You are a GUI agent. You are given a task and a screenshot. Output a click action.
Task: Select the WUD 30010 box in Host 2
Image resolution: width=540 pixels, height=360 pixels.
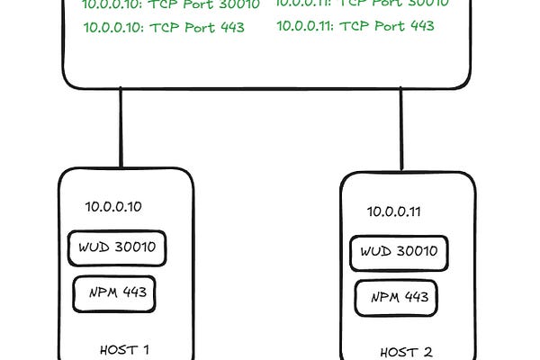[x=399, y=252]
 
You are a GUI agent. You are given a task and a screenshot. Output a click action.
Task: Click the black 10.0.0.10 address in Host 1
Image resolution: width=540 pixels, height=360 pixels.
[x=113, y=207]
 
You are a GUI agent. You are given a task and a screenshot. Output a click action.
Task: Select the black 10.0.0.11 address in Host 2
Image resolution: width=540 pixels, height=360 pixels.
[x=395, y=212]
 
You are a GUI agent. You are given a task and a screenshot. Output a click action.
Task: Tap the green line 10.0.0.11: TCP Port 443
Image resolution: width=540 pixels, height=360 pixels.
[x=355, y=26]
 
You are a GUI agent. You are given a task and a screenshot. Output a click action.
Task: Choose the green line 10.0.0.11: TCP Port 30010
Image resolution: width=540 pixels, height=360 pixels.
[x=360, y=4]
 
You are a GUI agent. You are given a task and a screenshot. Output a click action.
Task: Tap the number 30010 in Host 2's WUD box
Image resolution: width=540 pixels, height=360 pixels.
[x=416, y=252]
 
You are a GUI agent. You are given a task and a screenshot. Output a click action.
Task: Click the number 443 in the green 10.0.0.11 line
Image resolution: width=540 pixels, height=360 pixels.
[x=421, y=26]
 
